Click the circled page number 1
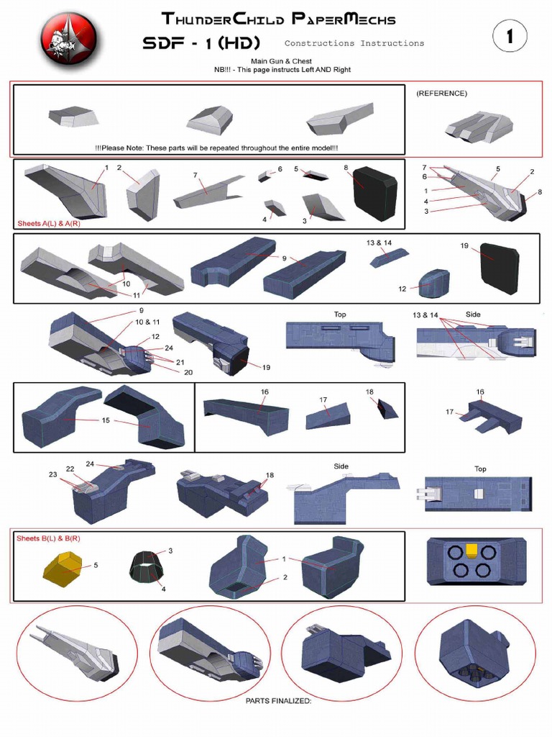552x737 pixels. point(510,37)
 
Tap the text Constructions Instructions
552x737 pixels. point(354,43)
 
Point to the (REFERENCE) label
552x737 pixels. point(441,94)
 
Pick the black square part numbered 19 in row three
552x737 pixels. point(499,268)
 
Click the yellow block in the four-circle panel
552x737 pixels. point(472,551)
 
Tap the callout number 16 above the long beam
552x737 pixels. point(264,392)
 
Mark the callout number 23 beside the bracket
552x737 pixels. point(52,474)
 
